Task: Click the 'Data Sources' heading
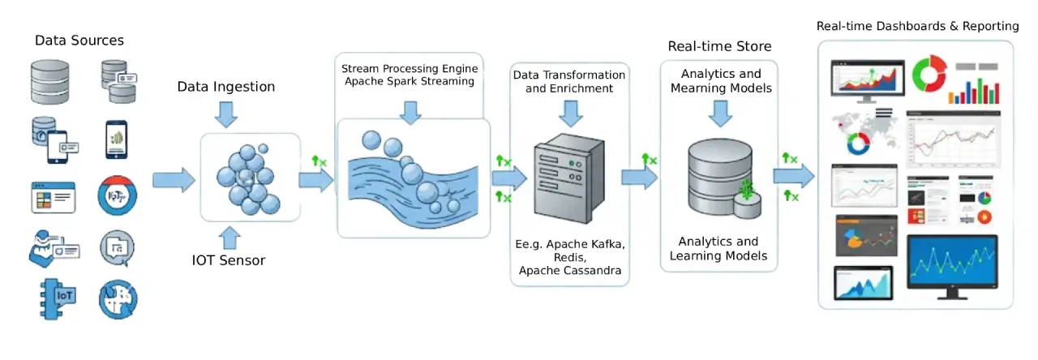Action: (79, 40)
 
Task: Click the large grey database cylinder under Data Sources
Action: (50, 81)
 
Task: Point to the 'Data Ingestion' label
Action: (226, 87)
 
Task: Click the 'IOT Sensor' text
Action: (229, 260)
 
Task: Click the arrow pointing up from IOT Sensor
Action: (229, 237)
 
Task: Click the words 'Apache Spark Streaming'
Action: (409, 81)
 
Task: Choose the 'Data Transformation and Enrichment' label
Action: (569, 81)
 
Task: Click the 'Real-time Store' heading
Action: (719, 46)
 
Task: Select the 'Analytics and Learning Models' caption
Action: (718, 248)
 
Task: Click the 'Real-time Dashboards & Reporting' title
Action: (917, 26)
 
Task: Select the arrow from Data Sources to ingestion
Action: (174, 179)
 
